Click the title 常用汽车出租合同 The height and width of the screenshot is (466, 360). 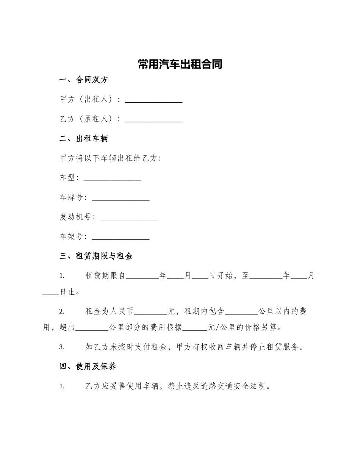pos(180,64)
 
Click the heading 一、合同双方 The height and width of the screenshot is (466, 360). pos(84,80)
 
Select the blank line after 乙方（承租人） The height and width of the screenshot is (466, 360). pos(153,120)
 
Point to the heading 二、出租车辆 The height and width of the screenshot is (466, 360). pos(84,139)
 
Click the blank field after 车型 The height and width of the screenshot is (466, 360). pos(112,178)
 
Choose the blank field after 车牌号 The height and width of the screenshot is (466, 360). pos(121,198)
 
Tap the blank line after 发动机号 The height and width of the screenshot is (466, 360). pos(128,218)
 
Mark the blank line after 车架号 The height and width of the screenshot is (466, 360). pos(121,238)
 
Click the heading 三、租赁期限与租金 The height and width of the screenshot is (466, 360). pos(96,256)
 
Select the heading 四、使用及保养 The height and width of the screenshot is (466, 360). pos(88,366)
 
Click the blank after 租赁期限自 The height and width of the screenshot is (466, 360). pos(142,277)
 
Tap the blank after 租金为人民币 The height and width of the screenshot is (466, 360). pos(151,312)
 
